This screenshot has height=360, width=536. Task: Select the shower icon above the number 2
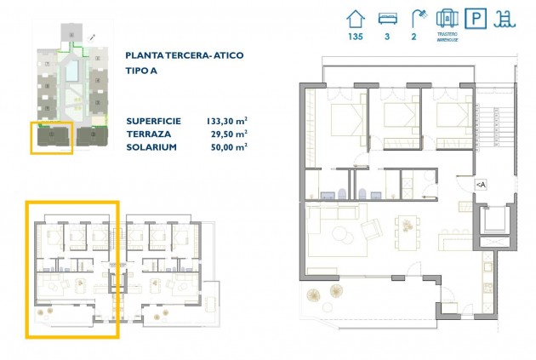417,18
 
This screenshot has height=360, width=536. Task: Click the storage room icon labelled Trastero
448,18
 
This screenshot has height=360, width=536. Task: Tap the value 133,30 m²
226,120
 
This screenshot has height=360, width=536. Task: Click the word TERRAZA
148,133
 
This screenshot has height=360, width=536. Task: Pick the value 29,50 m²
229,133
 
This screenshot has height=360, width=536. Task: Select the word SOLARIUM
151,146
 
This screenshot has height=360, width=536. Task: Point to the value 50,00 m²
229,146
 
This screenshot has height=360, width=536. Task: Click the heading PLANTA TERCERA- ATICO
184,55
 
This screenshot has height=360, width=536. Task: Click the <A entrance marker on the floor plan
481,184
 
